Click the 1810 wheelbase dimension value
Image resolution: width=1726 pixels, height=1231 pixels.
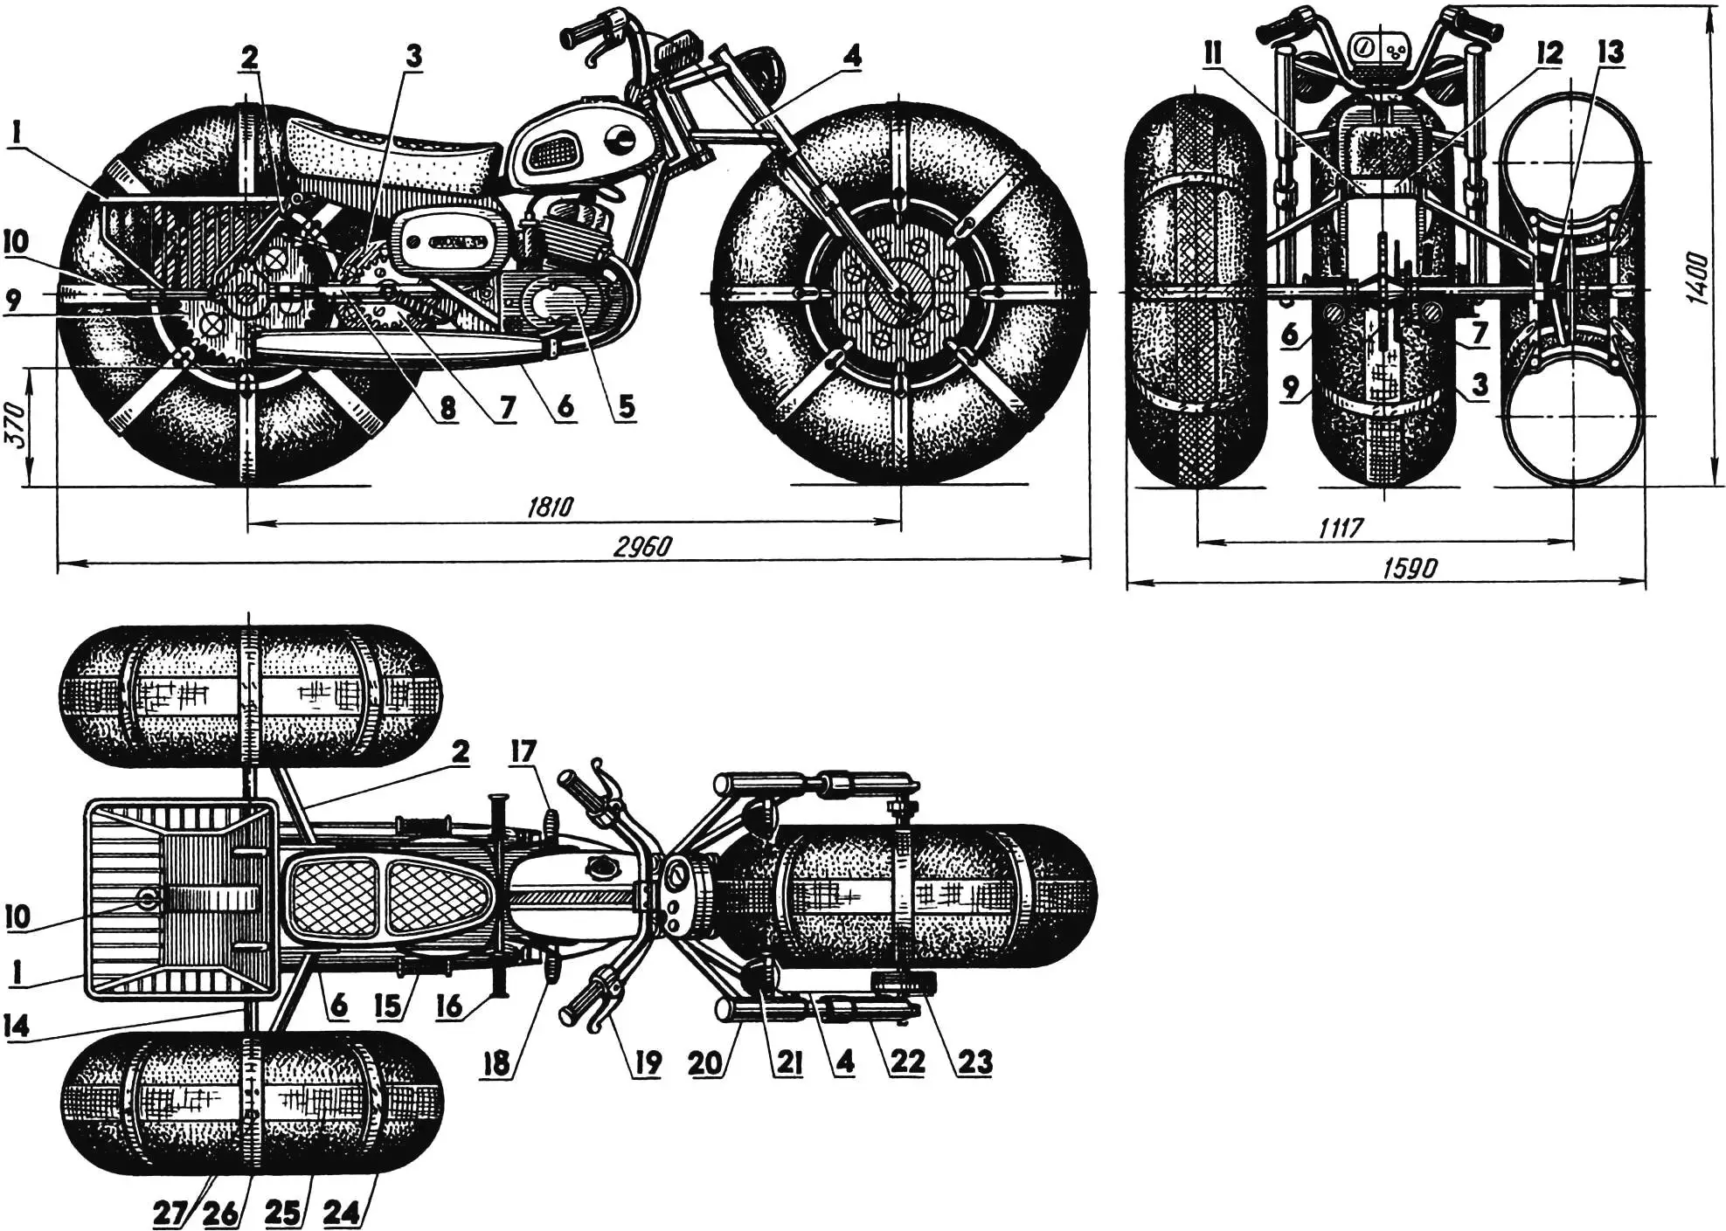pyautogui.click(x=551, y=508)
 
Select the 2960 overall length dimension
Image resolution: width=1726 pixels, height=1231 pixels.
pyautogui.click(x=643, y=547)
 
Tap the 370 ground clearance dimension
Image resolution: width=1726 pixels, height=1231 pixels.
pyautogui.click(x=15, y=427)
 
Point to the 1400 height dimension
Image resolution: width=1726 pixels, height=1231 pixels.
pyautogui.click(x=1699, y=278)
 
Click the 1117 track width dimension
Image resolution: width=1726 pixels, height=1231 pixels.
pyautogui.click(x=1341, y=527)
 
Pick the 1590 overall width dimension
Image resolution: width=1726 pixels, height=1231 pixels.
pyautogui.click(x=1409, y=569)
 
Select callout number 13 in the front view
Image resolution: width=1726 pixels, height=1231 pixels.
pyautogui.click(x=1610, y=53)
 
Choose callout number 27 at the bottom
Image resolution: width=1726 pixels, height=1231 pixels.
pyautogui.click(x=169, y=1213)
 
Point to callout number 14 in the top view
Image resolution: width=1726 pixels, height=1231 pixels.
pyautogui.click(x=15, y=1025)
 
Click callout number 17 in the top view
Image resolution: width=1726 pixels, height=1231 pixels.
pyautogui.click(x=523, y=751)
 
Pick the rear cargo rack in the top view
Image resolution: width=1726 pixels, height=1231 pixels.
pyautogui.click(x=179, y=900)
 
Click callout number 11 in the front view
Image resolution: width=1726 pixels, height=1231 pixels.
pyautogui.click(x=1213, y=53)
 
